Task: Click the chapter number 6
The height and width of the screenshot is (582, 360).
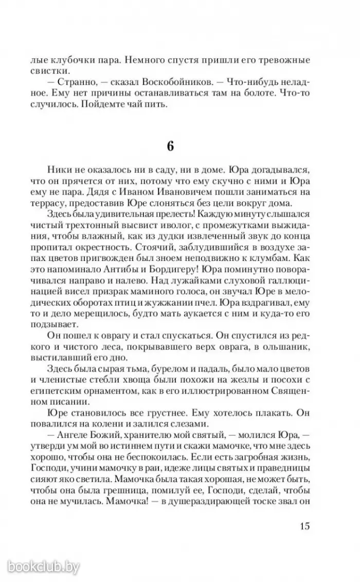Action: tap(169, 146)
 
